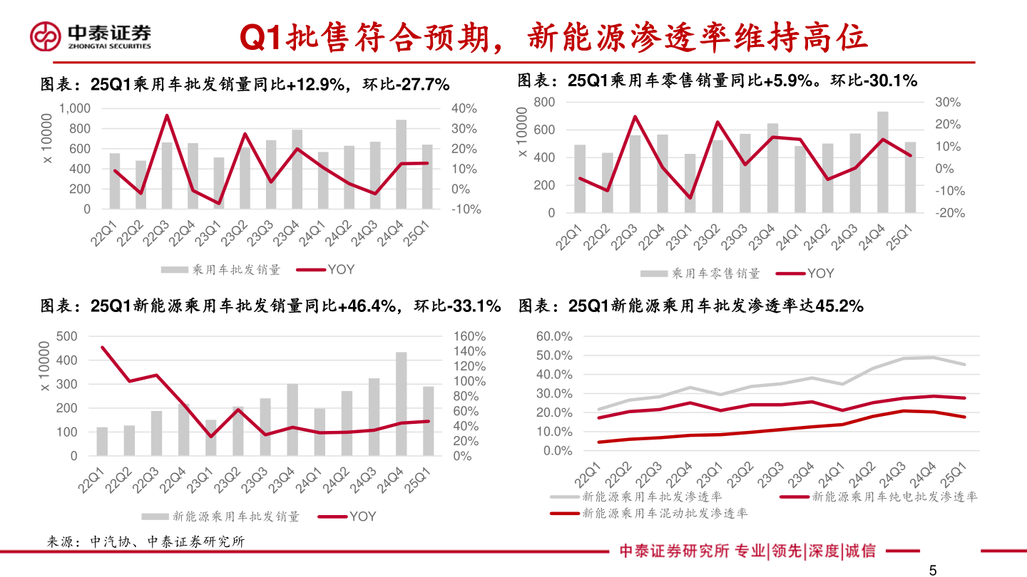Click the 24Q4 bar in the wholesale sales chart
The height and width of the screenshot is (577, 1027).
tap(402, 165)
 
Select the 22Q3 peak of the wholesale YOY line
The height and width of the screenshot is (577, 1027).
tap(167, 115)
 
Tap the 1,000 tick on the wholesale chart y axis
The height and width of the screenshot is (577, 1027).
tap(75, 108)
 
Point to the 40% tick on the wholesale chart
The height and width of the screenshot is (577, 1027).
tap(464, 108)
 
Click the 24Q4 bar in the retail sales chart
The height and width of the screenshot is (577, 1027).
tap(883, 162)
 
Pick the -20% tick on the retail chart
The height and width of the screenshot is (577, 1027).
tap(948, 213)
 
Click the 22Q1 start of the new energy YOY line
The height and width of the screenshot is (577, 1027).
tap(103, 348)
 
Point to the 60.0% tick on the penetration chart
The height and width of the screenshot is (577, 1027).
tap(553, 336)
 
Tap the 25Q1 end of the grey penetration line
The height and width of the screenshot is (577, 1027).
tap(965, 364)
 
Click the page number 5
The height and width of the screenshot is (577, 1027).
tap(932, 570)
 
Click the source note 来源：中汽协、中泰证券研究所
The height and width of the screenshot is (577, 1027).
tap(145, 542)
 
